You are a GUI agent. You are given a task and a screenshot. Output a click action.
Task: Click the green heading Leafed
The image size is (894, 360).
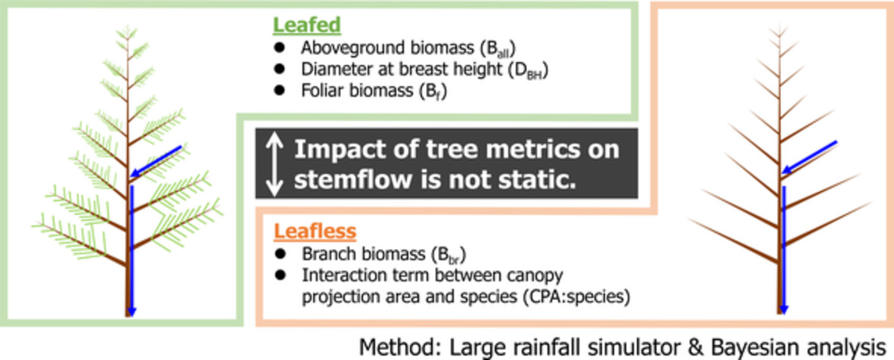point(306,25)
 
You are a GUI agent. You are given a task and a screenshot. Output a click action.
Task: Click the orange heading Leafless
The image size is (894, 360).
point(315,231)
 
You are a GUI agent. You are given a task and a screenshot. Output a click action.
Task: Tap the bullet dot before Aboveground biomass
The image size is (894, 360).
point(279,48)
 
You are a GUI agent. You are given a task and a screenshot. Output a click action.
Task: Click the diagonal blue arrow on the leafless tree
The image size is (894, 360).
point(809,157)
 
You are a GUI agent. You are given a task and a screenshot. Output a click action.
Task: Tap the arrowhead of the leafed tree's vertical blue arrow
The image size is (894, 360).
point(132,310)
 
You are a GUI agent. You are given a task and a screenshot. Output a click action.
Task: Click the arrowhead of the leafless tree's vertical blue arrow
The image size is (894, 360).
point(784,308)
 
